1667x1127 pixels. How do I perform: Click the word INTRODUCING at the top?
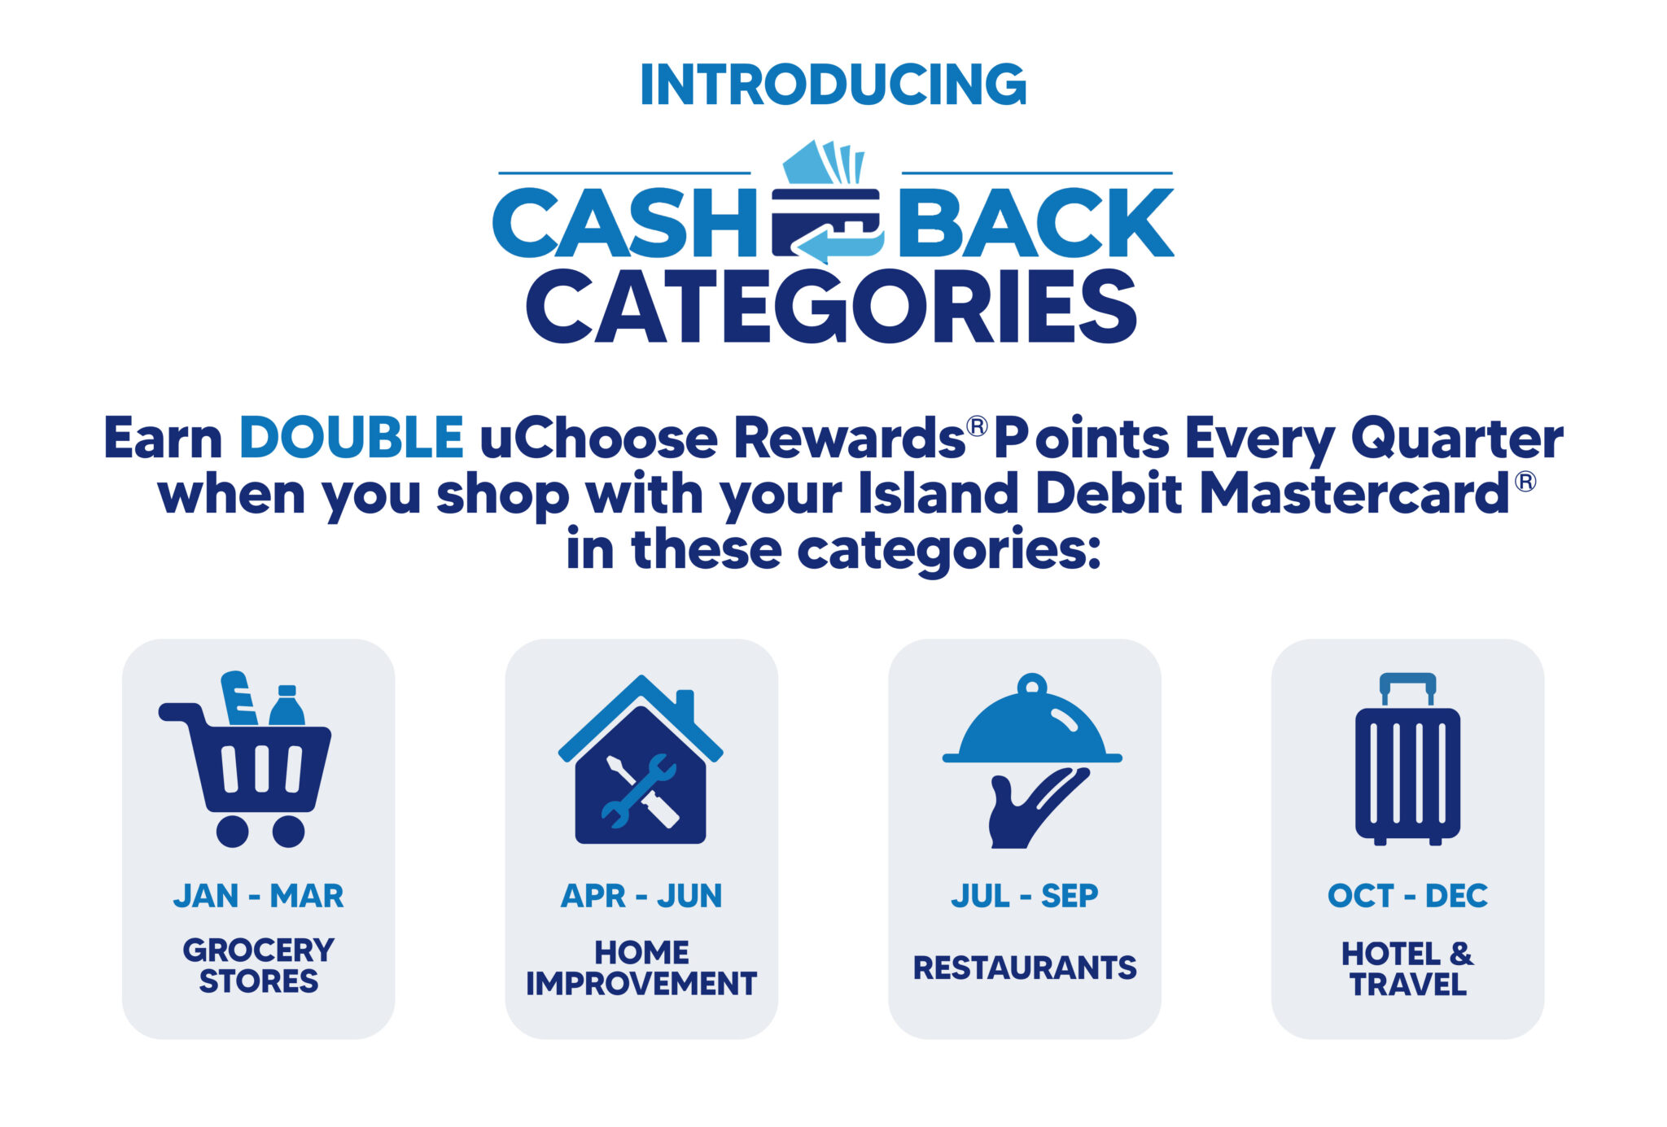833,85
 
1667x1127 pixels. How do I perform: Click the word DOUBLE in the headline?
352,438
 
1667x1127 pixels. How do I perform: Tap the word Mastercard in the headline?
1354,493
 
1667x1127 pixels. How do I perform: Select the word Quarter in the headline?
1457,439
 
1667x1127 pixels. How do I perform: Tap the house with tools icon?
641,759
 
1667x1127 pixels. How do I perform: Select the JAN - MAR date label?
259,896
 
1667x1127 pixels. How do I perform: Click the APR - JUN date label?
641,896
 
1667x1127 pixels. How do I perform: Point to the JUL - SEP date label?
1025,896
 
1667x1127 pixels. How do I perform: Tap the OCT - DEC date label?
1407,896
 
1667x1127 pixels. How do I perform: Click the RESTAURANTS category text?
1025,968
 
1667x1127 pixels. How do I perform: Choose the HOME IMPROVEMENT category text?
641,968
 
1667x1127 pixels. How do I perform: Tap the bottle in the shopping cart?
287,705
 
